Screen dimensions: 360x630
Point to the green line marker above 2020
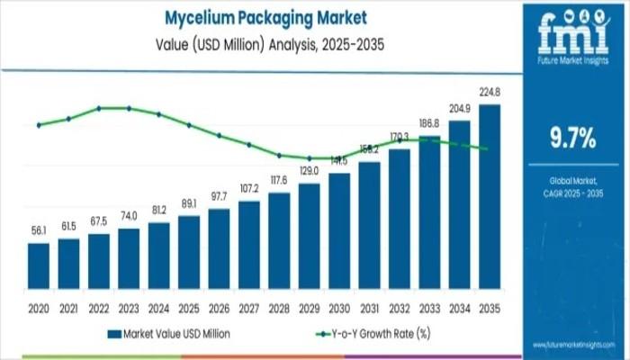click(39, 125)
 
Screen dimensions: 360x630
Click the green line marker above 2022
click(99, 108)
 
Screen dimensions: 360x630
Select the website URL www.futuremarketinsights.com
click(571, 346)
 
